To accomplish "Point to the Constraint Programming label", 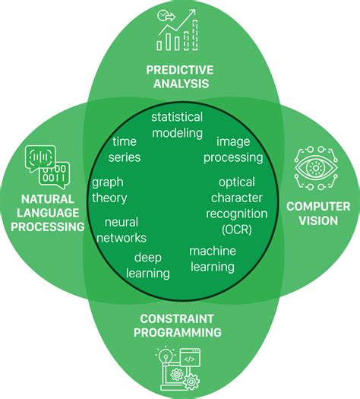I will [178, 325].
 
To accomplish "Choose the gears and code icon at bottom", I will [180, 369].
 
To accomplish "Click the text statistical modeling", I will [177, 125].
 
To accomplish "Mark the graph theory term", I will [109, 190].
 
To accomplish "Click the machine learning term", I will [212, 258].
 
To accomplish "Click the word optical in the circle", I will [236, 182].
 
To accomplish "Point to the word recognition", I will [237, 214].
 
